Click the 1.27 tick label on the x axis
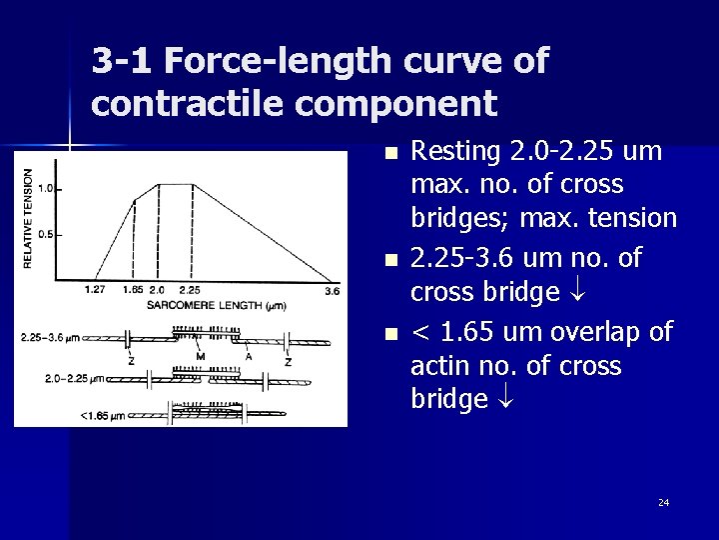click(x=96, y=290)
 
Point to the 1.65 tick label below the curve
click(x=133, y=290)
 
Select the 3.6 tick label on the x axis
click(x=333, y=291)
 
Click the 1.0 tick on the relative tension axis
click(x=44, y=189)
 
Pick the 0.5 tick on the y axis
click(x=44, y=233)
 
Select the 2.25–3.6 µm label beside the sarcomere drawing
click(x=50, y=338)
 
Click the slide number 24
click(x=663, y=502)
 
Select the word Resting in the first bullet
click(x=456, y=152)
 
